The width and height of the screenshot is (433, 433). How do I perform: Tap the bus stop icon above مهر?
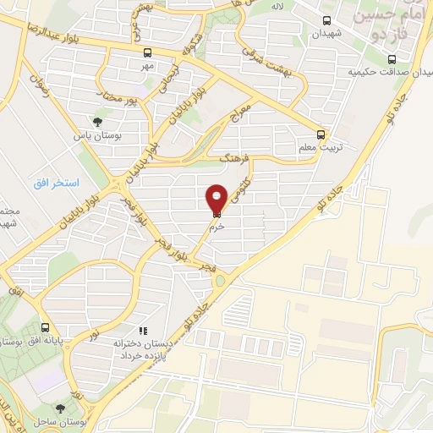click(x=148, y=52)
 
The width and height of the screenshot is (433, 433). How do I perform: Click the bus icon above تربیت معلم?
click(x=321, y=134)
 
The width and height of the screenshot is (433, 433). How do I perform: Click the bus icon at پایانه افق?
click(x=46, y=327)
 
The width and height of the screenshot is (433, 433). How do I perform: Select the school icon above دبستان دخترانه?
click(x=143, y=331)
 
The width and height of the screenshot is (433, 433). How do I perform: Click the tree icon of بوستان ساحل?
click(x=58, y=409)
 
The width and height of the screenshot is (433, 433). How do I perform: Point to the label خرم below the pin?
click(x=216, y=227)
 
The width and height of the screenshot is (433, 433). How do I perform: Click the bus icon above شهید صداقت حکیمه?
click(x=391, y=59)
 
